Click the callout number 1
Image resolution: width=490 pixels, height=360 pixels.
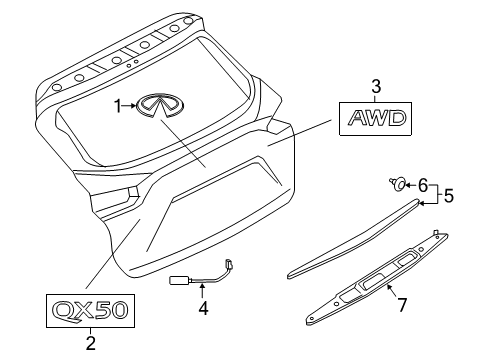click(x=117, y=104)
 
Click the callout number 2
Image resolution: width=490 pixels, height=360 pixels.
click(x=90, y=344)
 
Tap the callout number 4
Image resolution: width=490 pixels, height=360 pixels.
click(x=203, y=309)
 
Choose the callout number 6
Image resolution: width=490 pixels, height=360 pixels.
click(x=423, y=184)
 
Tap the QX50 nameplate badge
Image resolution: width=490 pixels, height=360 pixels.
click(x=90, y=309)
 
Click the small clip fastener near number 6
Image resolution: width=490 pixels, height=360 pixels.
click(x=398, y=183)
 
